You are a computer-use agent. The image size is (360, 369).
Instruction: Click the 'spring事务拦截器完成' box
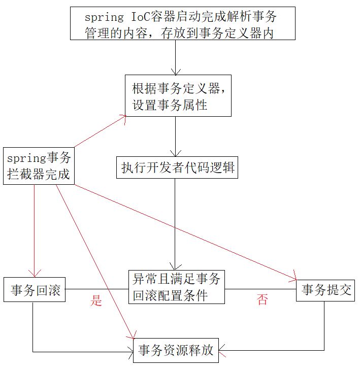click(x=39, y=165)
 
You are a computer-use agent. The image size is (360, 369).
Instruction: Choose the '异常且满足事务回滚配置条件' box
click(x=176, y=287)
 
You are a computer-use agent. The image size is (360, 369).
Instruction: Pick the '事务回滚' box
click(x=35, y=290)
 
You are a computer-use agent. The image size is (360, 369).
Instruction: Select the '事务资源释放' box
click(x=176, y=350)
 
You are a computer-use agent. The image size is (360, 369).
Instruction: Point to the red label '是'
click(x=96, y=300)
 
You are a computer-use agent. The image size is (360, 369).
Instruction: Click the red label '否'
click(x=262, y=299)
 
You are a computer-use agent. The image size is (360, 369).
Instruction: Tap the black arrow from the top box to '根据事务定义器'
click(x=176, y=57)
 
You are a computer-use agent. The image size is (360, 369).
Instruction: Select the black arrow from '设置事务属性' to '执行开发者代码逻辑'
click(x=176, y=136)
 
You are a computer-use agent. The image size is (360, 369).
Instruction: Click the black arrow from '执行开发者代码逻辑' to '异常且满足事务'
click(x=176, y=223)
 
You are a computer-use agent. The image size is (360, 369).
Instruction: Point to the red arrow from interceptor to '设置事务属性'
click(x=100, y=131)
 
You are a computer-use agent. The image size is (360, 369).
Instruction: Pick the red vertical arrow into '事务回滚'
click(x=35, y=228)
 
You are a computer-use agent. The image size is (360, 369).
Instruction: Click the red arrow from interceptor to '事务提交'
click(x=183, y=231)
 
